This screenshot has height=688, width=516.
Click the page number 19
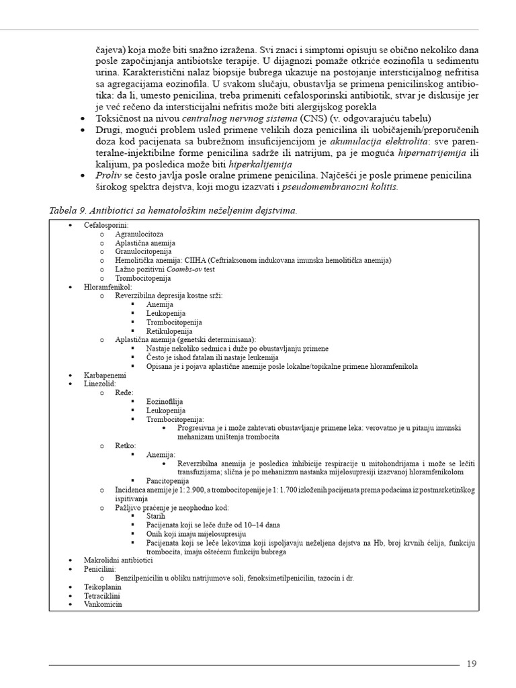click(471, 664)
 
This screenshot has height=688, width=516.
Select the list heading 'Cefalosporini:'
click(106, 225)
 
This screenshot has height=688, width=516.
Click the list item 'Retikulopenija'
click(169, 331)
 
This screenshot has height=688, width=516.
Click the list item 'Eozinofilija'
click(165, 401)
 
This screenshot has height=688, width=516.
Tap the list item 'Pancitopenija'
click(168, 480)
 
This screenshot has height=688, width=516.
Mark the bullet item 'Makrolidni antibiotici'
click(119, 560)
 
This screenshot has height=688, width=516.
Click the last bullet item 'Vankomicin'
click(103, 603)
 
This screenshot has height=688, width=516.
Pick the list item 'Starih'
click(156, 516)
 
